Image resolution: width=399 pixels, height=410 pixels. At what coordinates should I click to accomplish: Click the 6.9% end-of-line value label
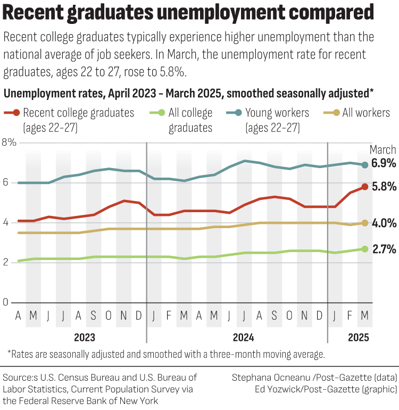pyautogui.click(x=383, y=164)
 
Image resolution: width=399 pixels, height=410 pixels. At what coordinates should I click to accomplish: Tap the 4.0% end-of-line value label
pyautogui.click(x=383, y=223)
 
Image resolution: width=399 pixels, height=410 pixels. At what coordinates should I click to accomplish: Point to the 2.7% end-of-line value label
pyautogui.click(x=383, y=249)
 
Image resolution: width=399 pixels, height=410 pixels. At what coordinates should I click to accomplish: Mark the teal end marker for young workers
pyautogui.click(x=364, y=165)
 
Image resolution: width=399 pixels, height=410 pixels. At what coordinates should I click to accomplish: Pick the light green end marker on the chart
pyautogui.click(x=364, y=249)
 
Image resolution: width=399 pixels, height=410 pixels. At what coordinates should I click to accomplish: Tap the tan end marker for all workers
pyautogui.click(x=364, y=223)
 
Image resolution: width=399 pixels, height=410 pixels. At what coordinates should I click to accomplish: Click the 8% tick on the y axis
pyautogui.click(x=10, y=143)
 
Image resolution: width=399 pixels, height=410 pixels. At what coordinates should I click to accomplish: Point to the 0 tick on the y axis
pyautogui.click(x=6, y=303)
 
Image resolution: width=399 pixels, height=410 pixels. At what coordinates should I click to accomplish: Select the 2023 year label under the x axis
pyautogui.click(x=85, y=337)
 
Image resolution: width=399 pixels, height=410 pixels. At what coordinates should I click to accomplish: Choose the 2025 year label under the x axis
pyautogui.click(x=358, y=337)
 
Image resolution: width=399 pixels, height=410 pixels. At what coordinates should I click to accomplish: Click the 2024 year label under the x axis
pyautogui.click(x=243, y=337)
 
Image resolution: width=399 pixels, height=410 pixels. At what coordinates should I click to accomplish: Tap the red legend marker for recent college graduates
pyautogui.click(x=16, y=113)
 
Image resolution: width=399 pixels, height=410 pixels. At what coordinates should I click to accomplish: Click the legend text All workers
pyautogui.click(x=366, y=113)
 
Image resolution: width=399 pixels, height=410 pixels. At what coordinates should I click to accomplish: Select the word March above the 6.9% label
pyautogui.click(x=383, y=149)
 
